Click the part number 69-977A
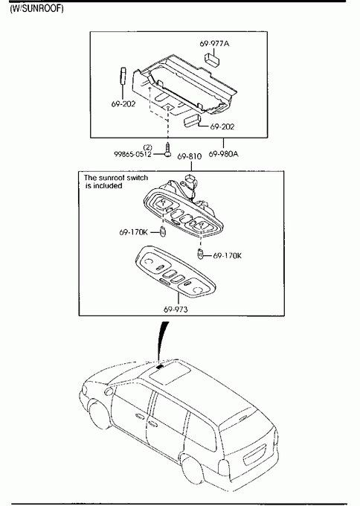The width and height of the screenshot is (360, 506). tap(214, 43)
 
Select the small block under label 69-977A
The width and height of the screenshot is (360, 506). tap(212, 59)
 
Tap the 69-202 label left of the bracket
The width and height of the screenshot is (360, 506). tap(123, 104)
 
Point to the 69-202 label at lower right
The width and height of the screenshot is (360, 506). tap(222, 126)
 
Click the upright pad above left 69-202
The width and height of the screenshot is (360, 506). tap(123, 75)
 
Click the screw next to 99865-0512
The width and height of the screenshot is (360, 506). tap(168, 150)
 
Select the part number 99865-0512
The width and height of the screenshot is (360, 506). tap(132, 154)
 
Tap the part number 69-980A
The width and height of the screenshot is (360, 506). tap(224, 154)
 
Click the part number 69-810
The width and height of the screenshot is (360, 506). tap(190, 156)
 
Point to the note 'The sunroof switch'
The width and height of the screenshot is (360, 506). tap(116, 178)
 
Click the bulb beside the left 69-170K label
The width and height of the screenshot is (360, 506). tap(163, 231)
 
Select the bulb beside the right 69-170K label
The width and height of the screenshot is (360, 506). tap(200, 254)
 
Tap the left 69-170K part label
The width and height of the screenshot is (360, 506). tap(134, 232)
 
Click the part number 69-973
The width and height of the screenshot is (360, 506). tap(176, 309)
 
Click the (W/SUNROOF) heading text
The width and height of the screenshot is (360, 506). tap(36, 8)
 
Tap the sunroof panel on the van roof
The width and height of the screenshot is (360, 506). tap(170, 372)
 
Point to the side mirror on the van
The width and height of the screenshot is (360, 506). tap(109, 391)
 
